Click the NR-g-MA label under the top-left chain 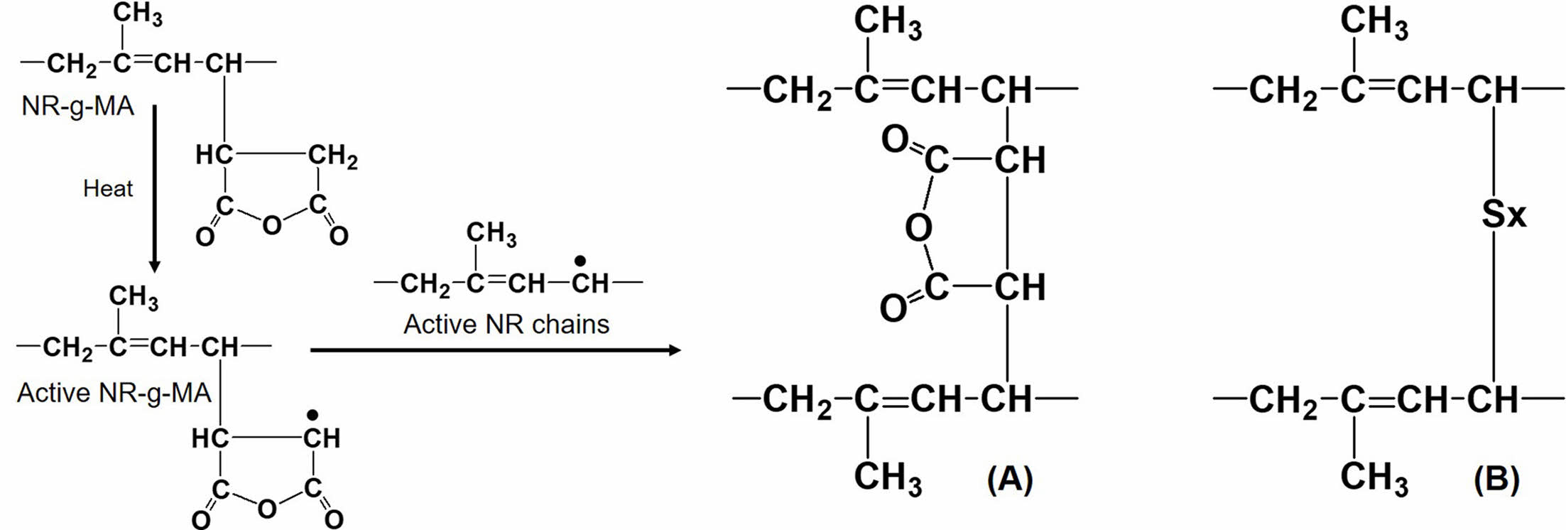pos(77,107)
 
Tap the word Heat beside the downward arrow pos(108,189)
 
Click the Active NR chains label pos(506,325)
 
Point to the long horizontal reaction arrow pos(495,350)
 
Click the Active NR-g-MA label pos(114,393)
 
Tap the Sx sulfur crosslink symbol pos(1504,213)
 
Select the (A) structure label pos(1010,480)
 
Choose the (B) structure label pos(1496,480)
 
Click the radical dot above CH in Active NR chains pos(580,261)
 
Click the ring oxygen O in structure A pos(918,228)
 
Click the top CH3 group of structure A pos(888,23)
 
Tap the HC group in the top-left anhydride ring pos(214,155)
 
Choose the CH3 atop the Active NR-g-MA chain pos(134,297)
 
